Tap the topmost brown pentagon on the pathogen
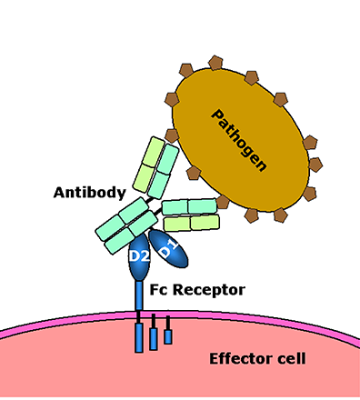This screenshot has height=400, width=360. point(215,63)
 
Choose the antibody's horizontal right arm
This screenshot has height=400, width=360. point(190,215)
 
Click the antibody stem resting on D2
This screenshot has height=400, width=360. point(125,227)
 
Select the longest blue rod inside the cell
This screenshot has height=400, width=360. point(138,336)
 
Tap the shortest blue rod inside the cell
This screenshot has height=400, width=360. point(168,335)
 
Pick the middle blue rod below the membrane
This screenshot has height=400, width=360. point(154,335)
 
